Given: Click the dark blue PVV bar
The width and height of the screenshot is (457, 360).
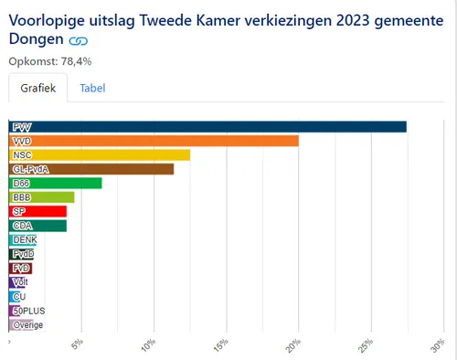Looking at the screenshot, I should (x=207, y=126).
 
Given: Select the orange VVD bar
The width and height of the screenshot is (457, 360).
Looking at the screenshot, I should (x=154, y=141).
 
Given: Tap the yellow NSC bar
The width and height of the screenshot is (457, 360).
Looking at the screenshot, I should (x=100, y=154).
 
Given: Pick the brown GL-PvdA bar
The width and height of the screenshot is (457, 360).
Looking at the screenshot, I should (x=91, y=169).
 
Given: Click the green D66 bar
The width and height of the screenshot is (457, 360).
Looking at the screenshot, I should (x=55, y=184).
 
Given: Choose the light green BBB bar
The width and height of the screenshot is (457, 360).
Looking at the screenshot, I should (x=41, y=197).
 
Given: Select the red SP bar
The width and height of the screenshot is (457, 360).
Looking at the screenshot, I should (x=37, y=212).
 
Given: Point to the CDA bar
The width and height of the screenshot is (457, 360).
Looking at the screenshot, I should (x=37, y=226).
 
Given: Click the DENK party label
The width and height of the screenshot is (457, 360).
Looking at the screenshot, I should (x=25, y=239).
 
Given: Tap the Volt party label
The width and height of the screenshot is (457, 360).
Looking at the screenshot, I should (x=20, y=282).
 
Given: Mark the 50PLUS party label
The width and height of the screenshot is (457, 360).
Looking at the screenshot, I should (x=28, y=311).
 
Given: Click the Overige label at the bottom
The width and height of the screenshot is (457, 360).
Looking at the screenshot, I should (x=27, y=325).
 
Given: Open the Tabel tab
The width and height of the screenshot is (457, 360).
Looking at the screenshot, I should (x=92, y=89).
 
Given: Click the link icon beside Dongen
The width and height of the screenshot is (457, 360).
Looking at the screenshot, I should (x=79, y=41).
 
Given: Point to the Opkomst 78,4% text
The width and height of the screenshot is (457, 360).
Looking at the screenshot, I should (x=50, y=61).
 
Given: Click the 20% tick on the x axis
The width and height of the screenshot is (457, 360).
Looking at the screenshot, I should (x=294, y=346).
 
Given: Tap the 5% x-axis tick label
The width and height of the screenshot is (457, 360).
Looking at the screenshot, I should (x=79, y=346).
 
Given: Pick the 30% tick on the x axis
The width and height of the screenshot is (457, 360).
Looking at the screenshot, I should (x=438, y=346).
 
